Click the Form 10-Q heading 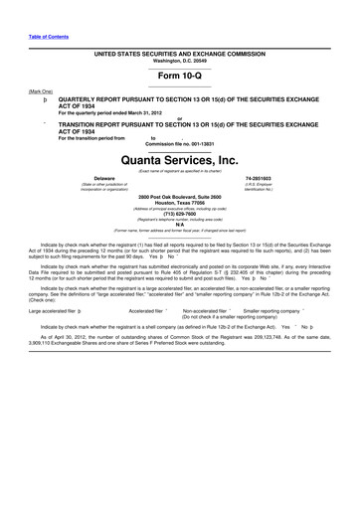[x=180, y=76]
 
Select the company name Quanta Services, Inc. [x=180, y=159]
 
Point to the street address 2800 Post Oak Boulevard [x=180, y=196]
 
